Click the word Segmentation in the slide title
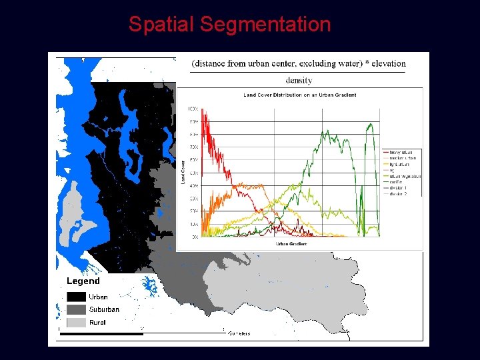point(265,25)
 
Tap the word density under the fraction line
point(299,80)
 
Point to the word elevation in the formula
point(383,63)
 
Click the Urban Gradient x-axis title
point(291,243)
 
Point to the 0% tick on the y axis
point(194,237)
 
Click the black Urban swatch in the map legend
point(75,297)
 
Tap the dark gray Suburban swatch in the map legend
point(75,309)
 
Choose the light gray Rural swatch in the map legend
point(75,322)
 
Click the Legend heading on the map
point(83,281)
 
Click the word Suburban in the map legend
point(104,309)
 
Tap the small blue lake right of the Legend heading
point(151,286)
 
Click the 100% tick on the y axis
point(193,108)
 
